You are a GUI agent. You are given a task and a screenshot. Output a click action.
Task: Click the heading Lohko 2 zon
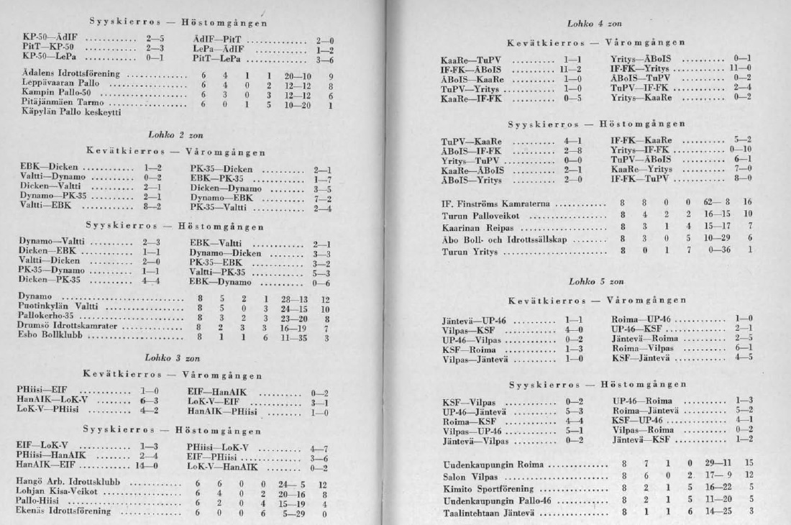tap(170, 134)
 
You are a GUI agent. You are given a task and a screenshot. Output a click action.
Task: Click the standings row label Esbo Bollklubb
tap(49, 336)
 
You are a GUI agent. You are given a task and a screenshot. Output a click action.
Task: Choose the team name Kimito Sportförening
tap(487, 488)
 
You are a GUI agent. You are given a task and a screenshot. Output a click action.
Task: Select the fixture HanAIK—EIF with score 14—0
tap(42, 465)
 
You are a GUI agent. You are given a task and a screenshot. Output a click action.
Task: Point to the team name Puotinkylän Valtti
tap(58, 306)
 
